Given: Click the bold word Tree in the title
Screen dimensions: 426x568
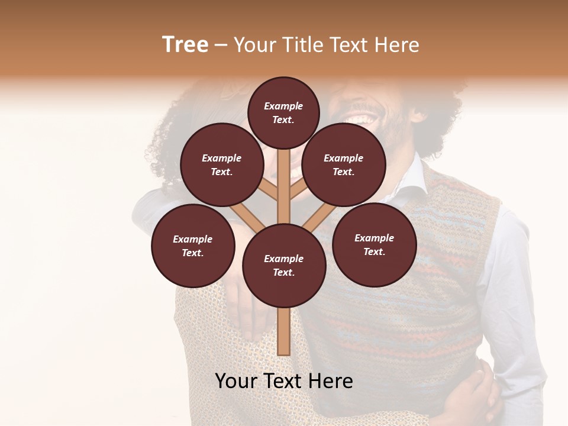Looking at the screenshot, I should tap(185, 45).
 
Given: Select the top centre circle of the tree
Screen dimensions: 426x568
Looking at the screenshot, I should tap(283, 112).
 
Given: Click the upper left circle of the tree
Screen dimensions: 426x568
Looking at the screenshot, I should tap(221, 164).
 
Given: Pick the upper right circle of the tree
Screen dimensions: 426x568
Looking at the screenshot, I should tap(344, 164).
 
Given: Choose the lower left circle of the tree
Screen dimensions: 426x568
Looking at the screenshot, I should tap(193, 246).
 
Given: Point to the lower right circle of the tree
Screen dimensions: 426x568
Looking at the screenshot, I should tap(374, 244).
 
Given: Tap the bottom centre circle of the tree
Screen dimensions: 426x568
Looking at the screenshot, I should tap(284, 266).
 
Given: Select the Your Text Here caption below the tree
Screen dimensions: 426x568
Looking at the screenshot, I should tap(284, 381).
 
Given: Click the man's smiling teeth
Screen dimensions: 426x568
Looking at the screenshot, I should tap(362, 119).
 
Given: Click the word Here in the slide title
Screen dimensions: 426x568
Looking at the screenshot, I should tap(398, 45).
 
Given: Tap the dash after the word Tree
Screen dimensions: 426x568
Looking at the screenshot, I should tap(221, 46).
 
